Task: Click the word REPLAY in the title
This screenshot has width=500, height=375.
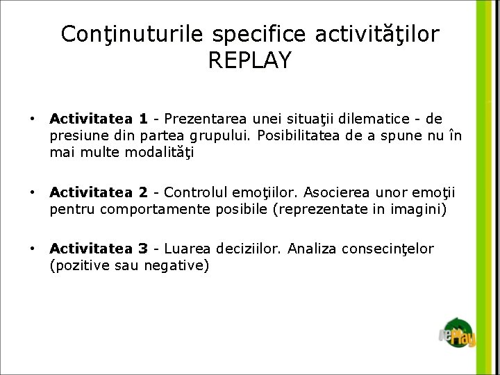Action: click(x=249, y=60)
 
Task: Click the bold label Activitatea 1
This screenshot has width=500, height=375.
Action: click(x=98, y=119)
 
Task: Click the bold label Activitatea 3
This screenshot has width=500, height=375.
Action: click(x=98, y=249)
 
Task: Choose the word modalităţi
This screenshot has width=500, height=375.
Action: click(x=156, y=152)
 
